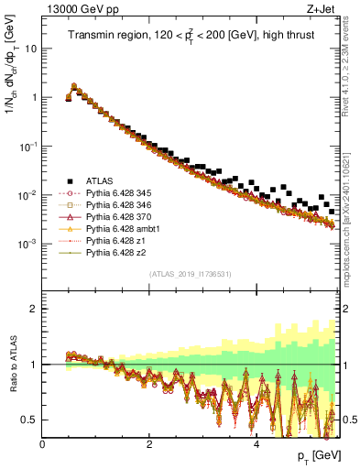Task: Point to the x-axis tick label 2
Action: [149, 445]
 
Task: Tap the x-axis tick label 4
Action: [256, 445]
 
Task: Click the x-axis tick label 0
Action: [42, 445]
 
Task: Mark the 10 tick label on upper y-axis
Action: [31, 48]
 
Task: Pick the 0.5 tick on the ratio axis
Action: [31, 420]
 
